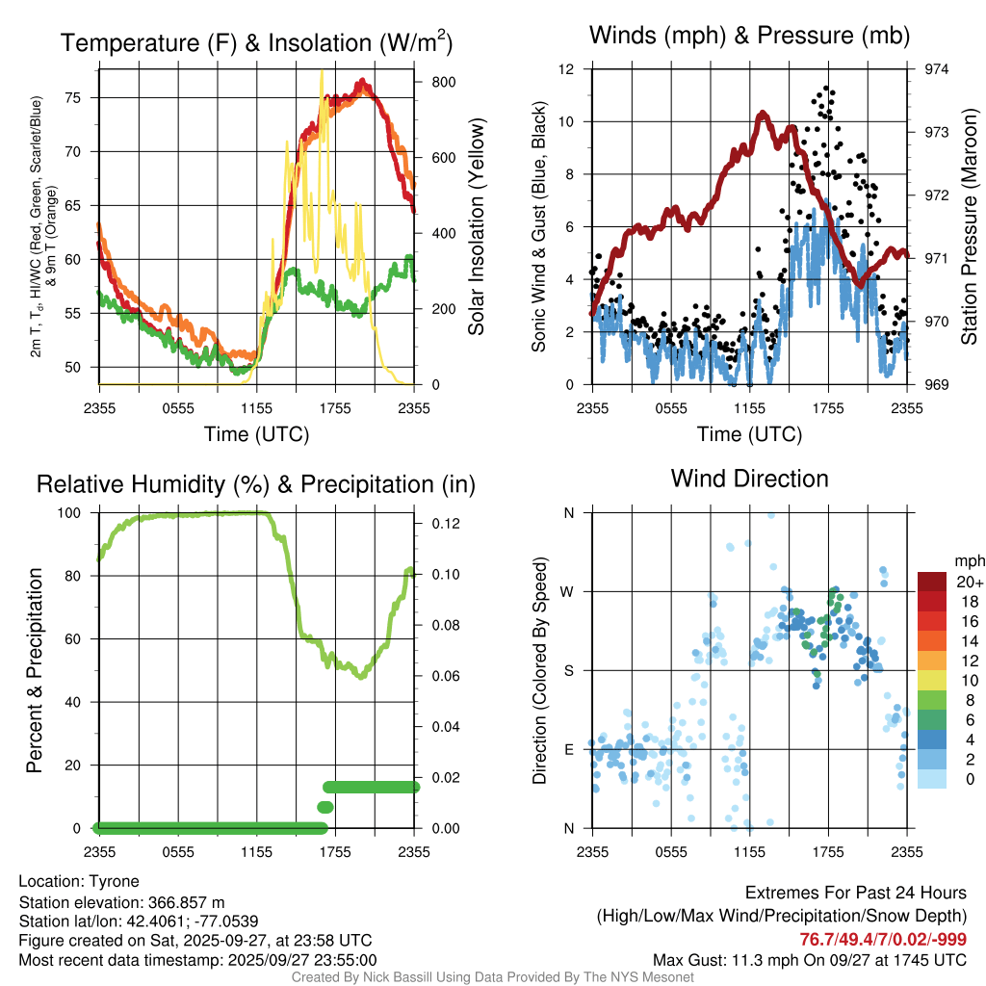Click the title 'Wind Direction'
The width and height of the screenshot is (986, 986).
point(749,479)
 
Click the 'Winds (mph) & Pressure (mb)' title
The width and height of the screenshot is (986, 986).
point(749,37)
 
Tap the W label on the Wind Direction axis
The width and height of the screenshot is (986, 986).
point(568,591)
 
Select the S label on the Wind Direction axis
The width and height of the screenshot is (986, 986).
point(569,670)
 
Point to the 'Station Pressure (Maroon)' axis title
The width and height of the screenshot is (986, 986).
point(970,227)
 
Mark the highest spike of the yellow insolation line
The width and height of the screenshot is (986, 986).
point(322,71)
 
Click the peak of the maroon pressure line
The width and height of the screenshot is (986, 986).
point(763,114)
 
